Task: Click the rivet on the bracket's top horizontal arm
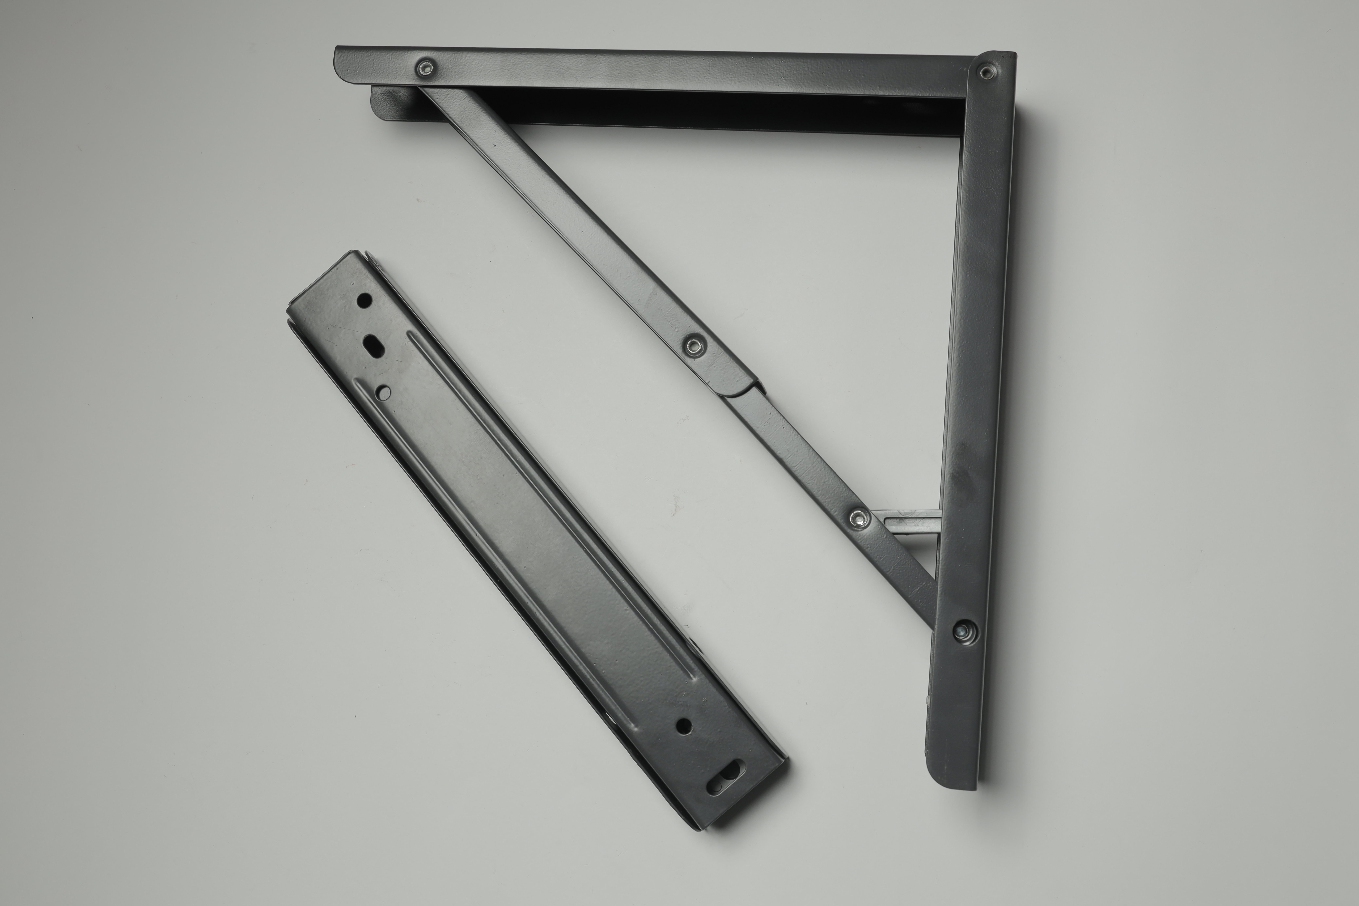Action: click(426, 68)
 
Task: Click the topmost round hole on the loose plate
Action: click(365, 301)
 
